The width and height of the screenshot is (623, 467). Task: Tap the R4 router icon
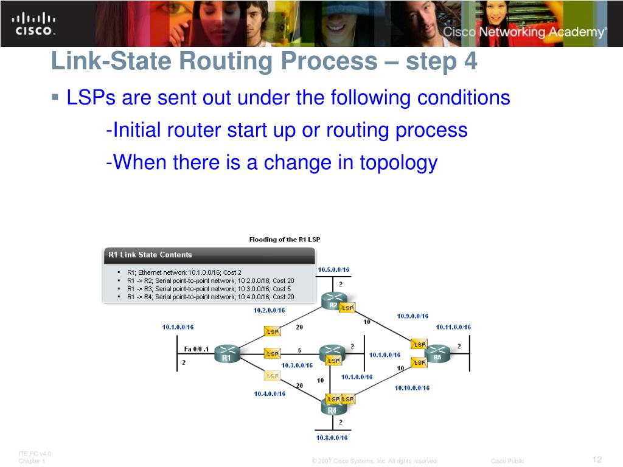click(332, 406)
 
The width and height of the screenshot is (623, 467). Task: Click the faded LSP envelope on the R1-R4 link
click(272, 376)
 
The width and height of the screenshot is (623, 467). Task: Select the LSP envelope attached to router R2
click(347, 308)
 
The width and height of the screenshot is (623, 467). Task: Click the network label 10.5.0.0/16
click(333, 269)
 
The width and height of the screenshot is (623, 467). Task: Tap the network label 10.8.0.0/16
click(332, 437)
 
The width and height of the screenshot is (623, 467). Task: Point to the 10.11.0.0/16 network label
click(453, 327)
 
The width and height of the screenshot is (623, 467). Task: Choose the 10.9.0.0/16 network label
click(412, 316)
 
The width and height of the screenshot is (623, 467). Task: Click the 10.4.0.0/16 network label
click(270, 393)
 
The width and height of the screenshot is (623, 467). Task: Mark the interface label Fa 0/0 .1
click(197, 349)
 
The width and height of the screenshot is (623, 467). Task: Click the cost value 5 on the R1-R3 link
click(299, 350)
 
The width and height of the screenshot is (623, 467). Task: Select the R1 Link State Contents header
click(150, 255)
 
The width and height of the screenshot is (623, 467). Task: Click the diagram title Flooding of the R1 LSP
click(285, 240)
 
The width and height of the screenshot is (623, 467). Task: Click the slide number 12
click(597, 459)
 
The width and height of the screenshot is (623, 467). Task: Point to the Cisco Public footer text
click(507, 461)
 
